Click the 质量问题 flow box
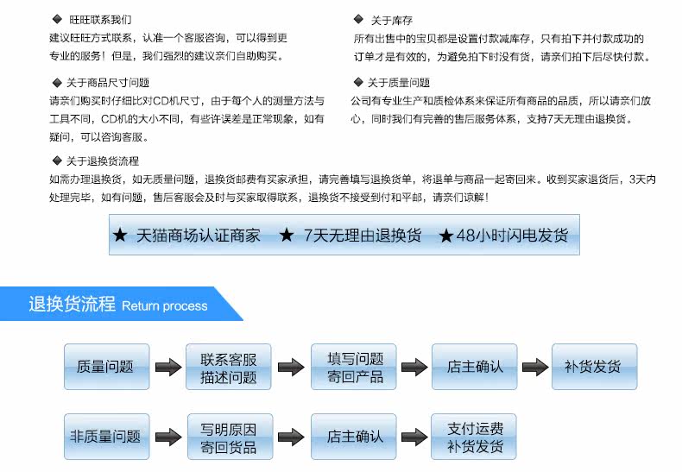(x=106, y=367)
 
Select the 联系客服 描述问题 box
(x=229, y=367)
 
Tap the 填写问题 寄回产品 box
(x=354, y=367)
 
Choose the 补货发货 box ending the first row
(x=595, y=367)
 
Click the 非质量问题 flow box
(x=106, y=437)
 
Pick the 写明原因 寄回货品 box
(x=230, y=437)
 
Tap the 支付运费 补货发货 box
(x=474, y=437)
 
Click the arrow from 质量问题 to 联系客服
(x=168, y=367)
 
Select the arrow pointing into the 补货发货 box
(x=535, y=367)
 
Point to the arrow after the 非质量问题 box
(x=168, y=437)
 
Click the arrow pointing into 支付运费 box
(x=414, y=437)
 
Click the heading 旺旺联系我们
(x=100, y=20)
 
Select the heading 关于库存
(x=391, y=21)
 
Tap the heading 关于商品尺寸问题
(x=108, y=83)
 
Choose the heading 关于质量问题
(x=399, y=83)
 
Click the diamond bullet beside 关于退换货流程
(x=57, y=160)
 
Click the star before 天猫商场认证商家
(x=120, y=235)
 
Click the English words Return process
(x=164, y=306)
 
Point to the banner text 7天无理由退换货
(x=363, y=235)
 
